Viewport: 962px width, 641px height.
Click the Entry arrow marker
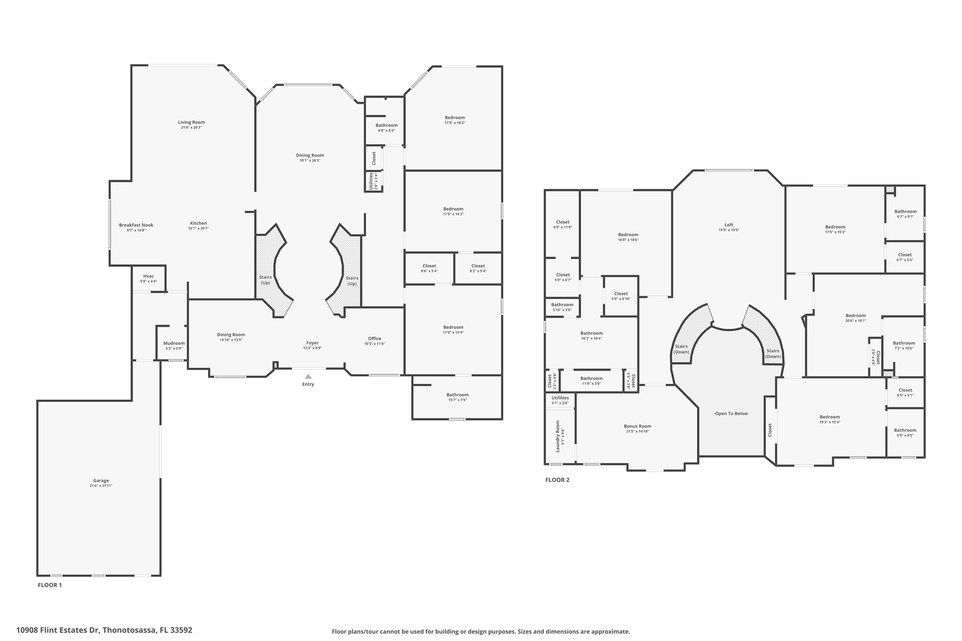point(308,376)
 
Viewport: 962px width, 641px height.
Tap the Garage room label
point(101,480)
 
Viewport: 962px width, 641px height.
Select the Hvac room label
point(148,276)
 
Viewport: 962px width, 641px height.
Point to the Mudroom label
point(174,343)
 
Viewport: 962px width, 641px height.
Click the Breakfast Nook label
point(136,225)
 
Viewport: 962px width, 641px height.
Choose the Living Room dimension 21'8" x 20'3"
point(191,128)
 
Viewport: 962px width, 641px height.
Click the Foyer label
point(312,343)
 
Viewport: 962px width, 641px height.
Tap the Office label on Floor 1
point(374,339)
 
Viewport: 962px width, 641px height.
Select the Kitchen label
point(198,223)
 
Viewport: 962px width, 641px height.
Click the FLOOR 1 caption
point(50,585)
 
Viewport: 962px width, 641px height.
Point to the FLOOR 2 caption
point(557,480)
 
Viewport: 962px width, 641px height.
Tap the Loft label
point(729,225)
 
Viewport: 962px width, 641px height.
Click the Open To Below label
point(731,414)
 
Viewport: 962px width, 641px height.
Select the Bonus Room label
point(637,426)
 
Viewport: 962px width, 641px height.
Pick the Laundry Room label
point(558,436)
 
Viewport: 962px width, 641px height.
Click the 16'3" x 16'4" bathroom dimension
point(591,339)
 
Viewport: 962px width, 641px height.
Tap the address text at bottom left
point(104,630)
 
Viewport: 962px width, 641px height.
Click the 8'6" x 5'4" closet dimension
point(429,271)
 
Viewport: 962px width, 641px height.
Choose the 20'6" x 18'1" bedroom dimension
point(855,321)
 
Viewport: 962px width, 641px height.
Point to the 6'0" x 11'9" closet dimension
point(563,227)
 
